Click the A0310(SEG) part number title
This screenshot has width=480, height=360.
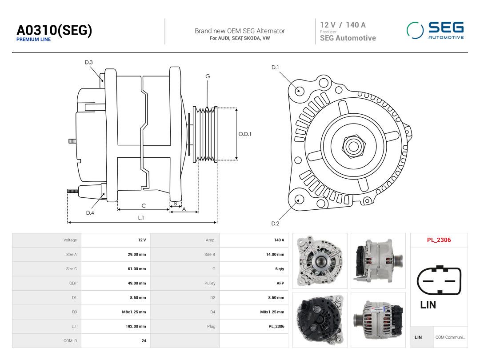pos(54,30)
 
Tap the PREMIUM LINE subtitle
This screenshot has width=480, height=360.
pos(33,40)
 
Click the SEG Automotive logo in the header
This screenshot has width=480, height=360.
pos(435,30)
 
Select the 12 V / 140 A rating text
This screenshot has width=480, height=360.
pos(343,25)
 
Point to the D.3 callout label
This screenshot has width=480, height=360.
pos(89,63)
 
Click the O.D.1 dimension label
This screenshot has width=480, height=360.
pos(245,134)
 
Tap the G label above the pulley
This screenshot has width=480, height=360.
pos(208,76)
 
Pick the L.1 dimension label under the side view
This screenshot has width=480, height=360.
pos(141,218)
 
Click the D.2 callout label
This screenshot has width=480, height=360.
pos(275,224)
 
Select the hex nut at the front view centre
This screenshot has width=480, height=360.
pos(354,146)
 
